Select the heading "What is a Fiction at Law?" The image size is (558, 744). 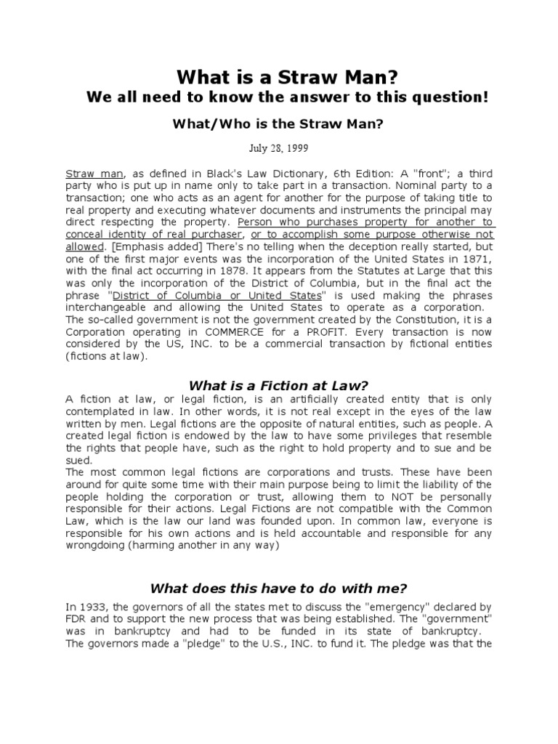(278, 385)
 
